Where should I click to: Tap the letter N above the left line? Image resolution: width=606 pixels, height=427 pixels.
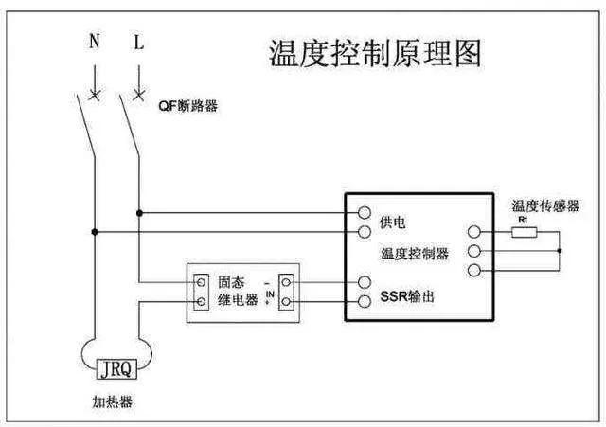tap(94, 44)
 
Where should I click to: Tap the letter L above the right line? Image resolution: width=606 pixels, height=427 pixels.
tap(138, 44)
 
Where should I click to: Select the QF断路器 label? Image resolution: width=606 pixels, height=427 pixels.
tap(187, 106)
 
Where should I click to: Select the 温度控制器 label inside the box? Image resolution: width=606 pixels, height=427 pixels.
tap(414, 254)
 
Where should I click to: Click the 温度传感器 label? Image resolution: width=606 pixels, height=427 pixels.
tap(545, 205)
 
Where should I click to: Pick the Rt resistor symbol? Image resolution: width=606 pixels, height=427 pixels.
tap(525, 230)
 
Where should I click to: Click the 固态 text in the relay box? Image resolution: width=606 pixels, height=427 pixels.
tap(231, 281)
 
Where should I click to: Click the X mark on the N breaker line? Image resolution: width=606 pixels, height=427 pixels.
tap(94, 95)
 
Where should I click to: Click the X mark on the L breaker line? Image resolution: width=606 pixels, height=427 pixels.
tap(139, 95)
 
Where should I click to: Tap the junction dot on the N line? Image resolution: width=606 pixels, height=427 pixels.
tap(94, 231)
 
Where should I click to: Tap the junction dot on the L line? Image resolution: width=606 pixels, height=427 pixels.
tap(139, 212)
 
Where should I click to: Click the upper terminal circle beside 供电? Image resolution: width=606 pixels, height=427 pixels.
tap(364, 213)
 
